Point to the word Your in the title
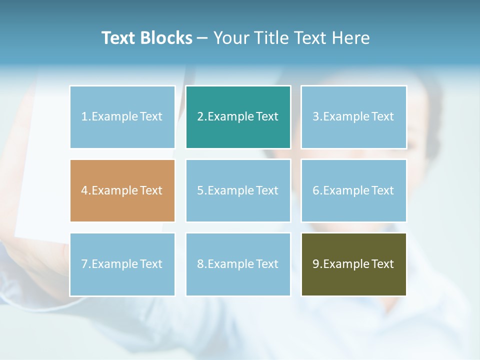pos(231,38)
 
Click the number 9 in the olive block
pos(315,264)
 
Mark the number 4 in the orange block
pos(84,190)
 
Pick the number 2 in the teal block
pos(200,116)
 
